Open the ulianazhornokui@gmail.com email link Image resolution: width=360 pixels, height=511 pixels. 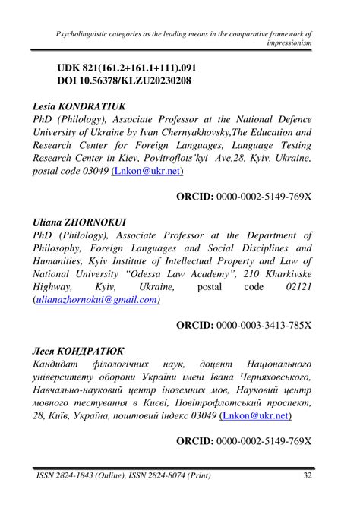click(x=96, y=299)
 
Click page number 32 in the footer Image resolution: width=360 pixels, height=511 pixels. click(x=307, y=476)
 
